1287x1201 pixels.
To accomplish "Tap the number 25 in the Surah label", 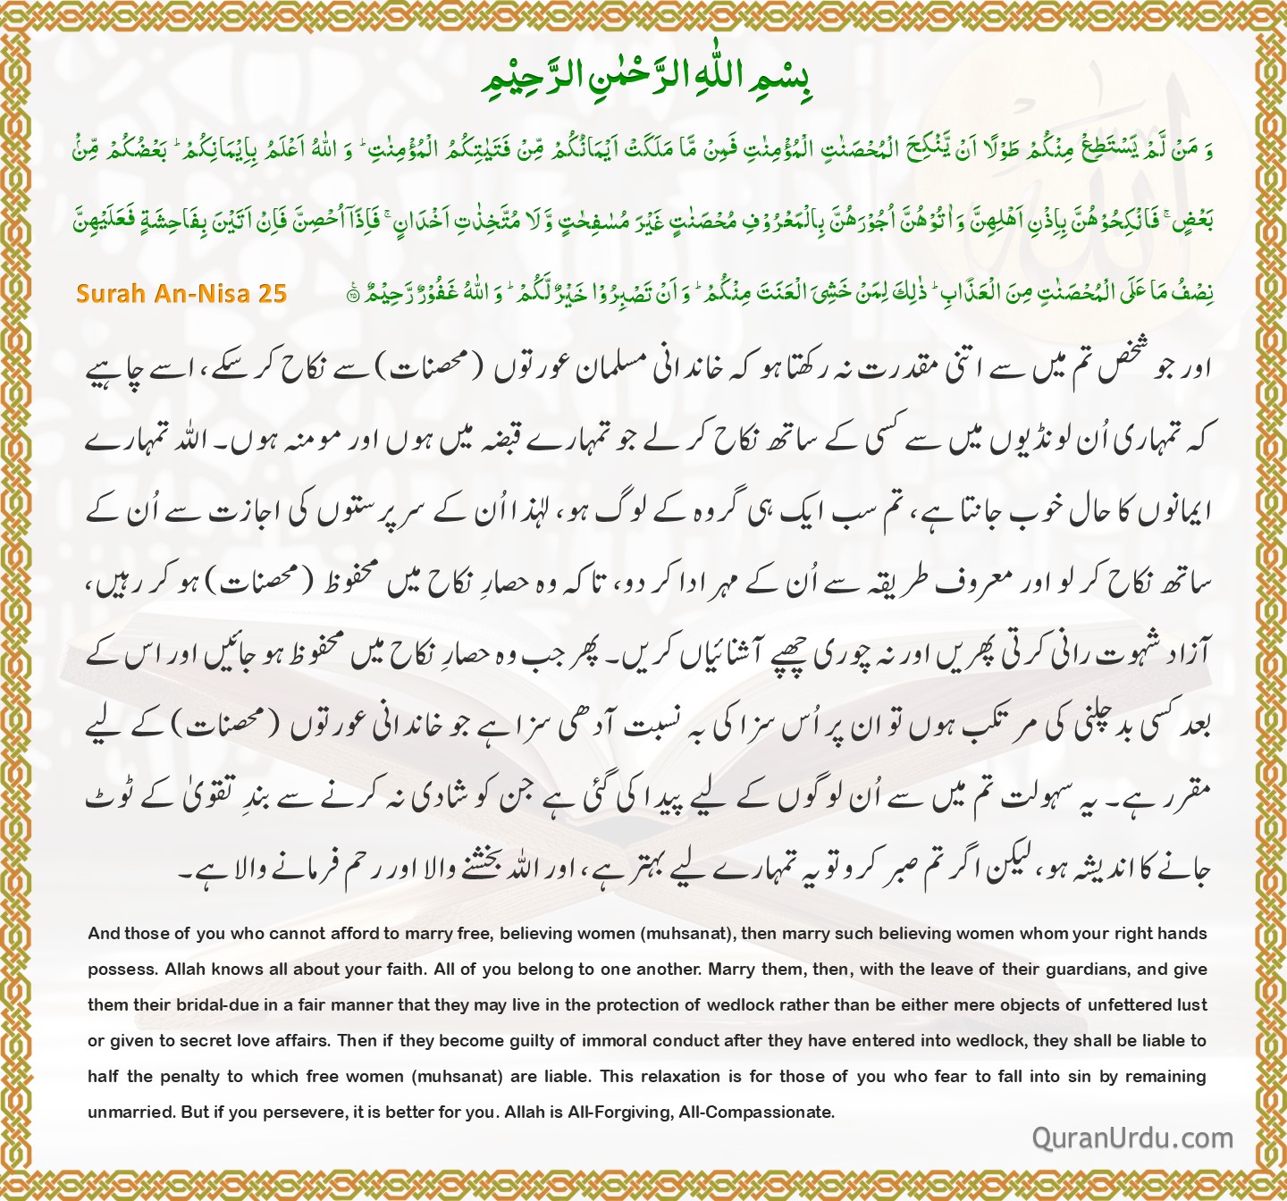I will click(x=273, y=294).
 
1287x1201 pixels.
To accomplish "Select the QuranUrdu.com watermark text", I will click(x=1132, y=1138).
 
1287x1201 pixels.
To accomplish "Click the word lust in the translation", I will click(x=1192, y=1005).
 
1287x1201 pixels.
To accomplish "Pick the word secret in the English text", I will click(x=205, y=1041).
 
